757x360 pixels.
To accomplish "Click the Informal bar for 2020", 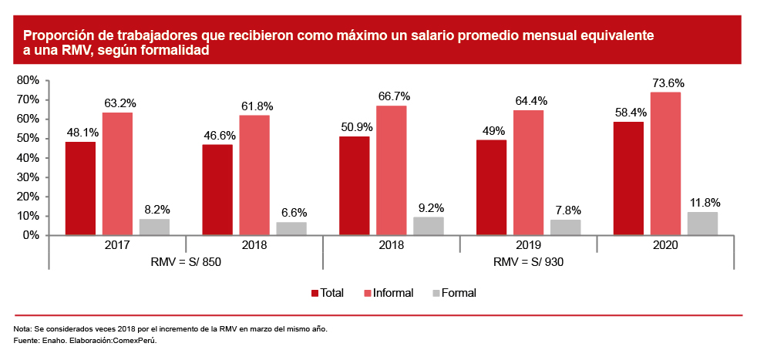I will coord(665,163).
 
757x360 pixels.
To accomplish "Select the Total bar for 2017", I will coord(80,188).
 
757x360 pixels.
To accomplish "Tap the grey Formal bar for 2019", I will coord(566,227).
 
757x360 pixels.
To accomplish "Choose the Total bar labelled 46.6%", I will coord(217,190).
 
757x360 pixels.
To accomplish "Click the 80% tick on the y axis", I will coord(29,80).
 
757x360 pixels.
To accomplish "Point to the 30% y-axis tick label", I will coord(29,177).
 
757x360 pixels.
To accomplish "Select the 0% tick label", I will coord(32,235).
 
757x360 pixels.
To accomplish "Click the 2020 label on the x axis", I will coord(665,245).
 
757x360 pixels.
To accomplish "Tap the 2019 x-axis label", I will coord(529,245).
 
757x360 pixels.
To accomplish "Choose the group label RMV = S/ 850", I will coord(186,261).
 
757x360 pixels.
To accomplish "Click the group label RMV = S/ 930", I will coord(528,261).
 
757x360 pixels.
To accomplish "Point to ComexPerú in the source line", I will coord(137,340).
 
